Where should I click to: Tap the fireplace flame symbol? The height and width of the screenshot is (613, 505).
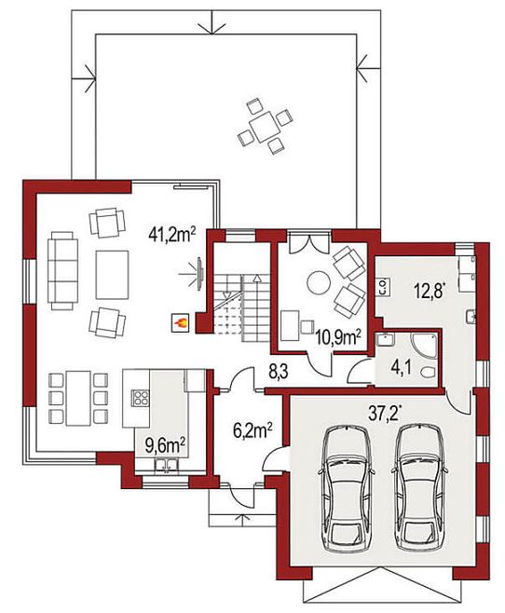click(x=181, y=323)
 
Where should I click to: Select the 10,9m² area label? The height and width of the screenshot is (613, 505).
click(x=337, y=337)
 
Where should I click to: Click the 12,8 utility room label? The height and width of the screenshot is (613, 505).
click(x=430, y=291)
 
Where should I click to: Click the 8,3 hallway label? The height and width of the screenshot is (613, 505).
click(x=278, y=373)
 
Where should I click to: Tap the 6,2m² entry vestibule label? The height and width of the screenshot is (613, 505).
click(x=252, y=431)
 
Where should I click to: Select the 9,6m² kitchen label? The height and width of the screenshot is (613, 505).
click(x=165, y=445)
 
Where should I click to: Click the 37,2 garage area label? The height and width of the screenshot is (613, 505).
click(x=385, y=413)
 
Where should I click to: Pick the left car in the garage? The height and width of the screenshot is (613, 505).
click(x=347, y=489)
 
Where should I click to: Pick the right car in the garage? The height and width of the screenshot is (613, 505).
click(x=419, y=489)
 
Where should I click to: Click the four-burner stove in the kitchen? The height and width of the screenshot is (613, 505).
click(x=141, y=398)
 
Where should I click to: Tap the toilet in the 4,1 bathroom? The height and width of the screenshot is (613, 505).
click(x=428, y=373)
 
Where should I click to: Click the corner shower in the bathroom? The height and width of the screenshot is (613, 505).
click(x=424, y=347)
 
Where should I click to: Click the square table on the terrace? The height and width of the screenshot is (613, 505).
click(x=265, y=126)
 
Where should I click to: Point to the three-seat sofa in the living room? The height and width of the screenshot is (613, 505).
click(x=62, y=270)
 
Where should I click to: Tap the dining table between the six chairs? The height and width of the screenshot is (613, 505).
click(x=78, y=398)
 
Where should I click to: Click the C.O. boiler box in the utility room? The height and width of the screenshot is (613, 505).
click(x=384, y=287)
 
